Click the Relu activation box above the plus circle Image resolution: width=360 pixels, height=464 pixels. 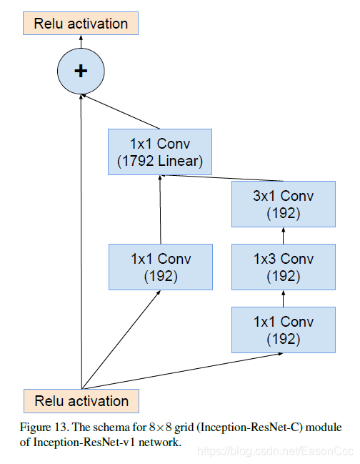(81, 23)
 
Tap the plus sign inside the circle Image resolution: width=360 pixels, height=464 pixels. (81, 70)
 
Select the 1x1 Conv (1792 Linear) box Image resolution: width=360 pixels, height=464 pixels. (160, 152)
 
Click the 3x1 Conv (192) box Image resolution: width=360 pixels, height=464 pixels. (284, 204)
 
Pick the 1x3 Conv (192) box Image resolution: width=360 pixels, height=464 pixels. (284, 266)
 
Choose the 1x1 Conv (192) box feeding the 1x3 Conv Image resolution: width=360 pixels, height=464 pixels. (284, 329)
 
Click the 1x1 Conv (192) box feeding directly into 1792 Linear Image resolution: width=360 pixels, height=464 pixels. (160, 266)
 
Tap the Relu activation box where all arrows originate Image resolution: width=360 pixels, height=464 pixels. (81, 400)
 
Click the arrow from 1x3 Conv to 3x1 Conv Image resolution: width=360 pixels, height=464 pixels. (284, 235)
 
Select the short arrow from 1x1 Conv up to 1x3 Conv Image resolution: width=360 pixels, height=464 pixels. (284, 297)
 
